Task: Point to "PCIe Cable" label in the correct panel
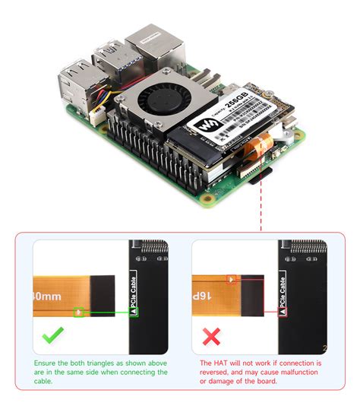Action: pyautogui.click(x=134, y=292)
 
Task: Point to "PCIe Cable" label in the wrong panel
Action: pyautogui.click(x=283, y=292)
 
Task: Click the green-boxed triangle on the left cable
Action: pyautogui.click(x=78, y=312)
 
